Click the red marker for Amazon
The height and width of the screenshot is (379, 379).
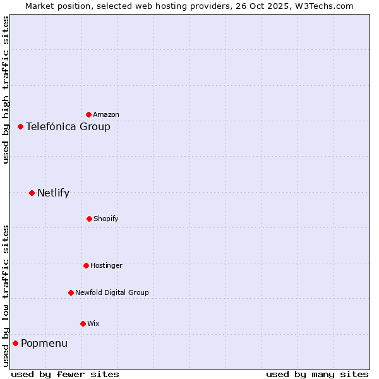[x=88, y=114]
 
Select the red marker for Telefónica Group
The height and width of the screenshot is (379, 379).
[x=20, y=126]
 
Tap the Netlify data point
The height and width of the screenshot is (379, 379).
[x=32, y=193]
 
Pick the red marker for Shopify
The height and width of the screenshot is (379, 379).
[x=89, y=219]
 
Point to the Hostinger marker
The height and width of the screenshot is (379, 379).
[x=86, y=265]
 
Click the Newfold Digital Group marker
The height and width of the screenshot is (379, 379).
[x=71, y=292]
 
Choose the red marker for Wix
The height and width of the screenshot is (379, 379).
[x=83, y=323]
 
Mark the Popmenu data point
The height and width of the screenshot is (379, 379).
[x=15, y=343]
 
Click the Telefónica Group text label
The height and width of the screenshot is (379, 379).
[x=68, y=127]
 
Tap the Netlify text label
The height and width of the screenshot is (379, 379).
[x=53, y=193]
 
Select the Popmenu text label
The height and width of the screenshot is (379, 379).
[x=44, y=344]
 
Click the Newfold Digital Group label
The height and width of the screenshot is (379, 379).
[x=112, y=293]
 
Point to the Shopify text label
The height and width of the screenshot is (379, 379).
[x=105, y=219]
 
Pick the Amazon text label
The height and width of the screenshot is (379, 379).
[x=105, y=115]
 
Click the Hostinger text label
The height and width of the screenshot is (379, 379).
[x=106, y=266]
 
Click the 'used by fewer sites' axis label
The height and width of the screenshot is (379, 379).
[x=65, y=374]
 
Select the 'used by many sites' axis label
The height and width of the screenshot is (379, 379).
[x=316, y=374]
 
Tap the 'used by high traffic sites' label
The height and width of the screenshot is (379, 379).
[x=6, y=90]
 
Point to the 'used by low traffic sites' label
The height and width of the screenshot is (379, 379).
[x=6, y=296]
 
